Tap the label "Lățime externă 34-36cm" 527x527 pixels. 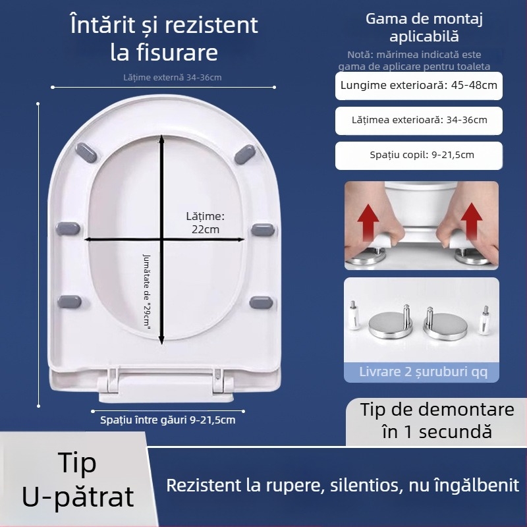(x=173, y=78)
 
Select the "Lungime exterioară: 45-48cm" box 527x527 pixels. (x=419, y=85)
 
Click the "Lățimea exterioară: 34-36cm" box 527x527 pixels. (x=419, y=120)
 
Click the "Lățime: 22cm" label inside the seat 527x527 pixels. (x=205, y=223)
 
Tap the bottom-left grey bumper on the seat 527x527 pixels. (x=68, y=302)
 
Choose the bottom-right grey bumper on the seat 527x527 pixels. (x=262, y=302)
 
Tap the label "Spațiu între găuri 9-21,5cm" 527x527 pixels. (x=167, y=419)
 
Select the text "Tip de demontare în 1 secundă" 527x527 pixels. (x=437, y=420)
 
